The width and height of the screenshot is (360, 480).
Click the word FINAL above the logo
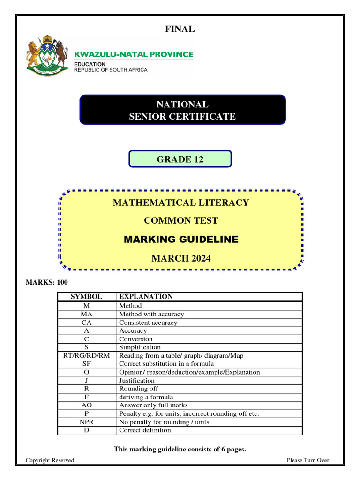point(180,30)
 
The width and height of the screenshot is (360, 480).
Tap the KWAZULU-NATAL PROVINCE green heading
point(134,54)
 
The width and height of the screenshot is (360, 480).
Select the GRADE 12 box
point(180,159)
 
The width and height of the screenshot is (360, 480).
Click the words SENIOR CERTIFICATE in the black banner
point(182,116)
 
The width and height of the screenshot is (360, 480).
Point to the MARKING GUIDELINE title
point(181,240)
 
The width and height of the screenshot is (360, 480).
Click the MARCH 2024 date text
point(181,258)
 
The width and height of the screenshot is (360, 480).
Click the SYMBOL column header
point(86,297)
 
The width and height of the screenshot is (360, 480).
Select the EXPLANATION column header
point(146,297)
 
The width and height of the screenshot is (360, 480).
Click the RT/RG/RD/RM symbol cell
point(86,356)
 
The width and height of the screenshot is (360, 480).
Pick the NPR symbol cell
point(86,422)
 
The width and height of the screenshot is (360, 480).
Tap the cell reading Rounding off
point(139,389)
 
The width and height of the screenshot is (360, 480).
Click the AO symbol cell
point(86,405)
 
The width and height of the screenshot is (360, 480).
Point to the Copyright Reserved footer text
point(50,460)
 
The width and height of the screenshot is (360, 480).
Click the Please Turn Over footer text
point(307,460)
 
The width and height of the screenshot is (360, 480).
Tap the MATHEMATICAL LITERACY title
point(181,203)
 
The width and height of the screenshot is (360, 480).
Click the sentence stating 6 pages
point(180,450)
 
